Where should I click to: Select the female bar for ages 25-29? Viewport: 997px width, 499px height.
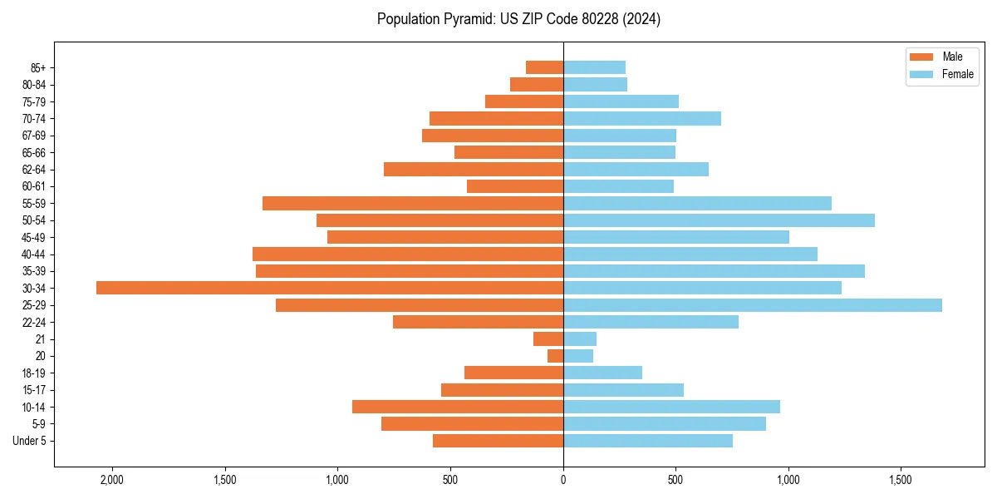tap(753, 305)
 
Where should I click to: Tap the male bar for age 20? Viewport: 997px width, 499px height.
tap(555, 356)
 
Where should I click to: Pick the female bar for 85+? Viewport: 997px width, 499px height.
tap(594, 67)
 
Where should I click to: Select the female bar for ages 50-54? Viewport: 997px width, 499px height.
tap(719, 220)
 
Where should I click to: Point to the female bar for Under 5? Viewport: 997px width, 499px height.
tap(648, 441)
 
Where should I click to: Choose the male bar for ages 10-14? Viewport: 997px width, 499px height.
tap(458, 407)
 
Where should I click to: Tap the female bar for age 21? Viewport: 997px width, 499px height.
tap(580, 339)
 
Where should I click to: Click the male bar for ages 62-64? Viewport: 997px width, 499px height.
tap(474, 170)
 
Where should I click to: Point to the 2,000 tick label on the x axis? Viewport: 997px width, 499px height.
tap(111, 480)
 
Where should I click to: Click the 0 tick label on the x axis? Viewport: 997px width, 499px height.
tap(563, 480)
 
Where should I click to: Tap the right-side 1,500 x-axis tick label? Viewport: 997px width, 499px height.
tap(901, 480)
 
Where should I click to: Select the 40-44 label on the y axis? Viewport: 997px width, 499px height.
tap(34, 254)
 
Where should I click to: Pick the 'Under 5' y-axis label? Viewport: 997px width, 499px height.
tap(30, 441)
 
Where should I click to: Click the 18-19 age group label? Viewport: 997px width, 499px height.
tap(34, 373)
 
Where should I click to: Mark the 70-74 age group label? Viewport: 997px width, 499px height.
tap(34, 119)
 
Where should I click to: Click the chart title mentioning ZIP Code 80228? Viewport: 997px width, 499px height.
tap(518, 19)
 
